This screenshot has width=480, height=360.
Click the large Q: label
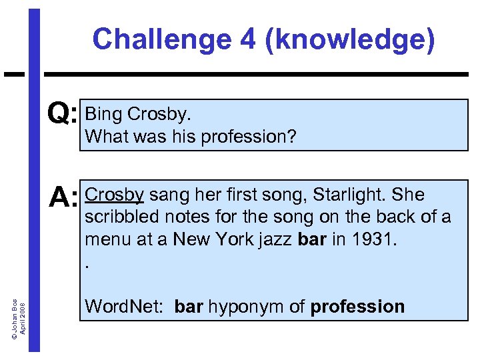coord(63,115)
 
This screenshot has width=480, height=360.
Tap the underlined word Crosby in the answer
coord(115,195)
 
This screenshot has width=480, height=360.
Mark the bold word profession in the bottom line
coord(357,307)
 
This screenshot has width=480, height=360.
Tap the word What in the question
coord(104,137)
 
